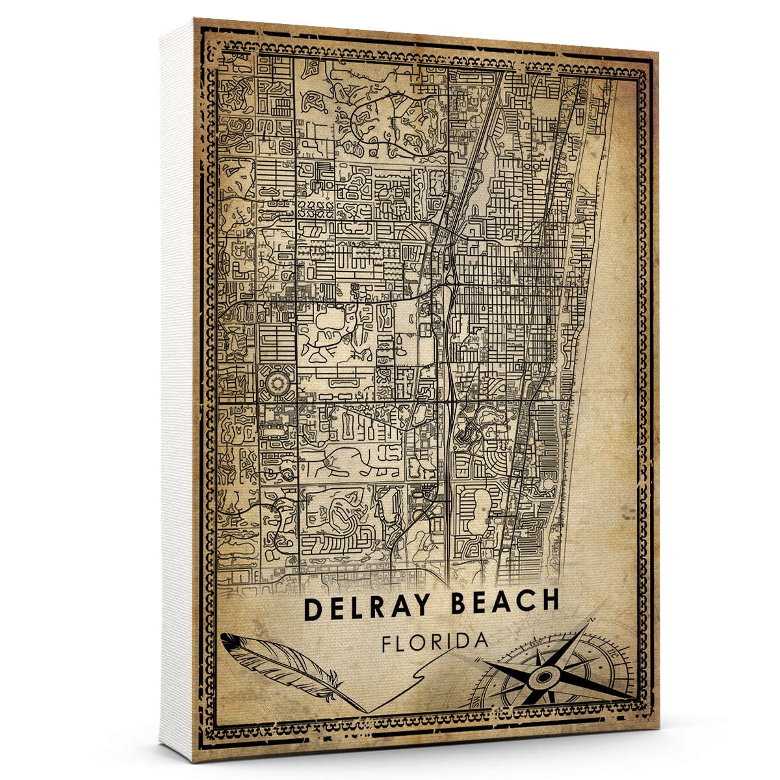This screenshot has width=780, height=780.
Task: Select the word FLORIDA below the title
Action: click(x=435, y=642)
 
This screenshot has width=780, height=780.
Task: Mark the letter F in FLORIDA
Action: click(x=387, y=644)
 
